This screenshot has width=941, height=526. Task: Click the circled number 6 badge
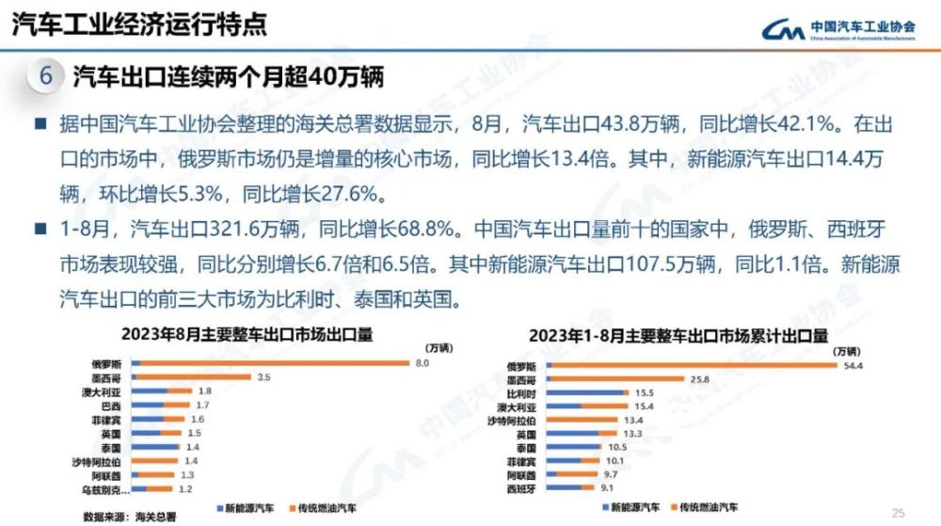(x=44, y=76)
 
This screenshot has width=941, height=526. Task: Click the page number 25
(x=898, y=513)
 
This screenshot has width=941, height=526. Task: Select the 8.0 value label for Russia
(x=423, y=363)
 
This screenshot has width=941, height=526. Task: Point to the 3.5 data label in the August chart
(x=263, y=377)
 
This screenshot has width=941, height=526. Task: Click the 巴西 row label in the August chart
(x=112, y=406)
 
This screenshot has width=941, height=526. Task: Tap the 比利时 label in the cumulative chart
(x=521, y=393)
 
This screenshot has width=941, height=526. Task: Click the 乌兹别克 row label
(x=104, y=489)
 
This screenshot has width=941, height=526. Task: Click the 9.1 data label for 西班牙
(x=606, y=487)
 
